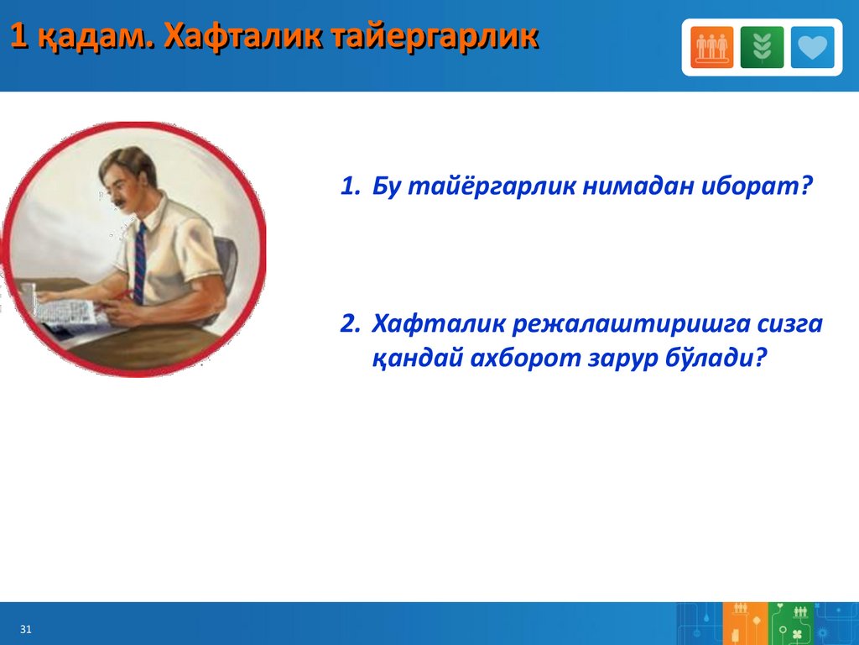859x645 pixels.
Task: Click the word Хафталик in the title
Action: pyautogui.click(x=242, y=37)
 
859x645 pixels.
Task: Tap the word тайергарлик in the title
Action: pyautogui.click(x=435, y=37)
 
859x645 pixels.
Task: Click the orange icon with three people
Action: pyautogui.click(x=711, y=47)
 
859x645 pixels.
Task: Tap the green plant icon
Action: pyautogui.click(x=762, y=47)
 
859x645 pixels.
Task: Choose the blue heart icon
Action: pyautogui.click(x=812, y=47)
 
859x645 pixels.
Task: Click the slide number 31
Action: pyautogui.click(x=26, y=629)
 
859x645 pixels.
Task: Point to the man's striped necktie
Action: pyautogui.click(x=140, y=263)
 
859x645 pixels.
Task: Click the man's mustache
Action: pyautogui.click(x=122, y=202)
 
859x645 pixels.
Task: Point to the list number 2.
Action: pyautogui.click(x=350, y=323)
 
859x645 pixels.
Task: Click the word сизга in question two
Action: pyautogui.click(x=790, y=325)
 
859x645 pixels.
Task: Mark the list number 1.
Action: pyautogui.click(x=350, y=186)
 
